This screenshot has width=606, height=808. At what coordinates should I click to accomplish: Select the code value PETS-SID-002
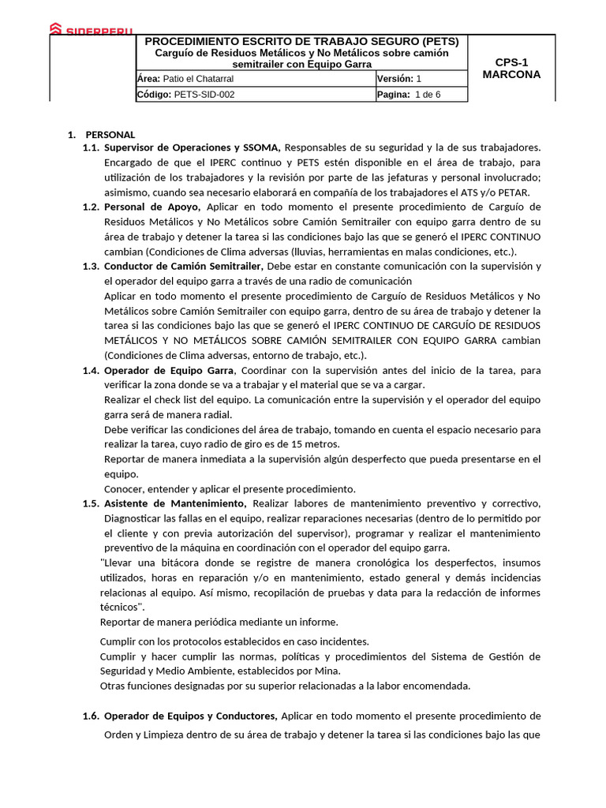coord(204,95)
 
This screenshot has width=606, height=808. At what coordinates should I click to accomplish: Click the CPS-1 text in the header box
coord(511,62)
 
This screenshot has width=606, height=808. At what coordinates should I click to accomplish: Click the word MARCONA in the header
coord(511,75)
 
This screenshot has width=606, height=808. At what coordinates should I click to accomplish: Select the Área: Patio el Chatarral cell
coord(185,79)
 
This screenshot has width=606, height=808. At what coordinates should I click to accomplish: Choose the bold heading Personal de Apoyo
coord(152,207)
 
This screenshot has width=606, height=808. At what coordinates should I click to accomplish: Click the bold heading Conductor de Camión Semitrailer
coord(184,266)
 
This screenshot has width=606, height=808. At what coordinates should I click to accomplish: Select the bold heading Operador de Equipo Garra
coord(169,370)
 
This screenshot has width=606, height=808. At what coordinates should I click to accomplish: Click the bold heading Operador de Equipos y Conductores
coord(190,716)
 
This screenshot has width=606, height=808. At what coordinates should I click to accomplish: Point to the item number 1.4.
coord(91,370)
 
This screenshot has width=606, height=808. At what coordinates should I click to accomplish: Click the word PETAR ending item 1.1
coord(514,193)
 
